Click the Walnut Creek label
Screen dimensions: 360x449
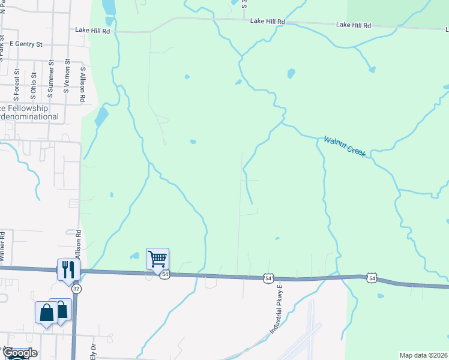[x=345, y=147]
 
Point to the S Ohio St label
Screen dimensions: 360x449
[x=34, y=85]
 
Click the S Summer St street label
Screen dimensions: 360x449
[x=51, y=79]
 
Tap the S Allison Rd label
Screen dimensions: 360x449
[x=83, y=84]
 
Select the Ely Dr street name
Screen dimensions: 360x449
[x=93, y=350]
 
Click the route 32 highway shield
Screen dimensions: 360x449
[x=76, y=289]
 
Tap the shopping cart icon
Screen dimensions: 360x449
[x=157, y=259]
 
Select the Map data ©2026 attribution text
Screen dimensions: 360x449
[x=423, y=355]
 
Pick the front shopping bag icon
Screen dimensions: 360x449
[x=46, y=313]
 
